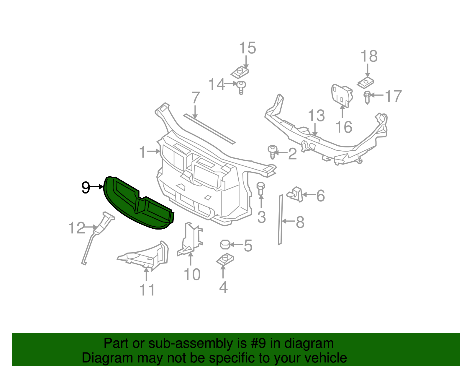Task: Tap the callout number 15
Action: (247, 48)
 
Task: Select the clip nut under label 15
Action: (239, 72)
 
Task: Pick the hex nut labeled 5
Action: (225, 244)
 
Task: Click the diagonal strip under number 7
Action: (209, 129)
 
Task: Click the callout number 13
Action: (316, 116)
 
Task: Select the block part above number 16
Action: (341, 95)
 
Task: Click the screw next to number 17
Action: (367, 97)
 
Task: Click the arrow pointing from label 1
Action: (153, 152)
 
